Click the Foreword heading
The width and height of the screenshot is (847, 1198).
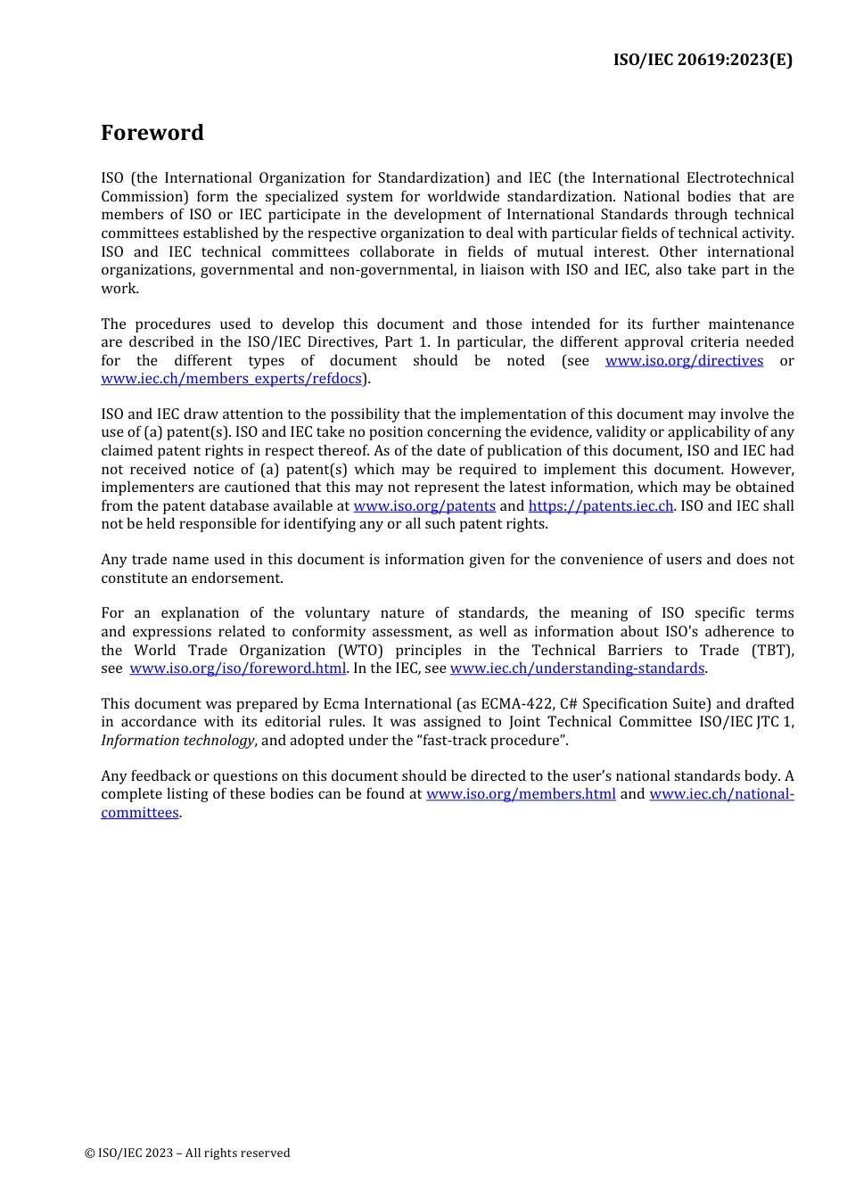click(x=152, y=133)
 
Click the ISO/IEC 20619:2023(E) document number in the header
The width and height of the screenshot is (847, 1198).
click(x=703, y=60)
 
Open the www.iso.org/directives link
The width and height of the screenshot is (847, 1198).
click(x=684, y=360)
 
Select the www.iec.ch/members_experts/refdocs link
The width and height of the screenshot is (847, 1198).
click(x=231, y=378)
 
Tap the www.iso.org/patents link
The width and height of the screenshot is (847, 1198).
click(x=424, y=505)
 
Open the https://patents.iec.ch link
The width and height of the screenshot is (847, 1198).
click(x=601, y=505)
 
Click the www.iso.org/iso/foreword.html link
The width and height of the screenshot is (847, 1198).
click(x=237, y=668)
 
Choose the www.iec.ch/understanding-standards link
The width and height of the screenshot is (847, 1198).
click(x=577, y=668)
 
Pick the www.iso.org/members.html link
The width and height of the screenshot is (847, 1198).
click(x=521, y=793)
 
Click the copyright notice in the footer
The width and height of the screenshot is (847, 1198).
click(x=187, y=1153)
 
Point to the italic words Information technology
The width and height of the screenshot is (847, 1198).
click(x=177, y=740)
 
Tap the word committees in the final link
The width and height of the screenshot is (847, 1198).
click(x=140, y=812)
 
